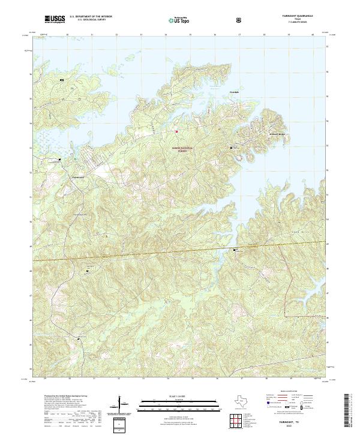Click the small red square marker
point(176,131)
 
